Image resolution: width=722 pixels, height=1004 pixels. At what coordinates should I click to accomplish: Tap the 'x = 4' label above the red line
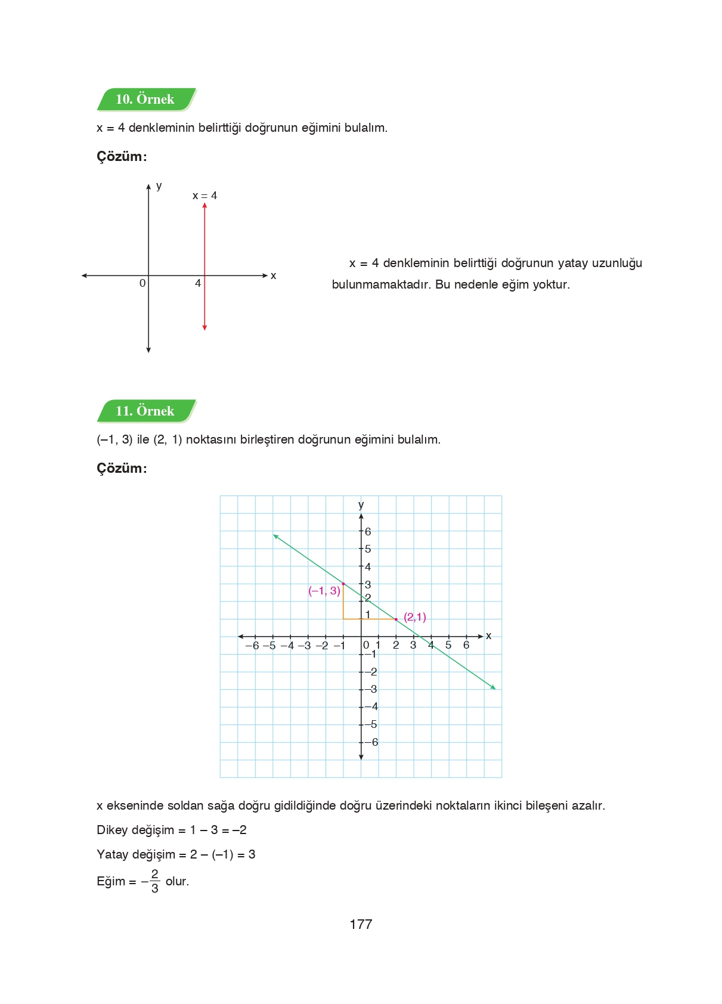tap(204, 196)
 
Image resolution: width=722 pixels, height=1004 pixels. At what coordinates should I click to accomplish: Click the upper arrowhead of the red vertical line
tap(204, 206)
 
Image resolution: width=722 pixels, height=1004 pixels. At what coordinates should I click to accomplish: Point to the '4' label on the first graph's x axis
tap(198, 284)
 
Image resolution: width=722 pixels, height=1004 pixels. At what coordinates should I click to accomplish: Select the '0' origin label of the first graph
tap(142, 284)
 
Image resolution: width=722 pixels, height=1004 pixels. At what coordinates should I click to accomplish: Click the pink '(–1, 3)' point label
tap(324, 591)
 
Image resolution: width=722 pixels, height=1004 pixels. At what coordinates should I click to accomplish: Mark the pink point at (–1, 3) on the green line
tap(343, 584)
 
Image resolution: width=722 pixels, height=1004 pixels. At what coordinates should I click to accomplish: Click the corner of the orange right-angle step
tap(343, 619)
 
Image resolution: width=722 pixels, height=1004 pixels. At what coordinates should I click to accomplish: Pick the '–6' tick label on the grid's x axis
tap(252, 646)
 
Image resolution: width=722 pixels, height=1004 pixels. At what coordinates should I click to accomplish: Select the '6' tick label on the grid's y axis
tap(368, 532)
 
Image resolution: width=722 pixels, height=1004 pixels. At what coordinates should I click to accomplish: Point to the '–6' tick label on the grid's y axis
tap(371, 742)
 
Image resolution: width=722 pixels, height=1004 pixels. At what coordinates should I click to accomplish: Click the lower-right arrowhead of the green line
tap(493, 687)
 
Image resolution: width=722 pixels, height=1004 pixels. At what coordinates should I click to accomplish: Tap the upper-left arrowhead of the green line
tap(275, 536)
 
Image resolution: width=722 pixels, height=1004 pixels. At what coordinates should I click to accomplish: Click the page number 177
tap(361, 925)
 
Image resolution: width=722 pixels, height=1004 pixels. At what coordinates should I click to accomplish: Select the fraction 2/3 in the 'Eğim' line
tap(154, 881)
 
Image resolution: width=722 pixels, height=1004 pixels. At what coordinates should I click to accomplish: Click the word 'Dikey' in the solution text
tap(112, 831)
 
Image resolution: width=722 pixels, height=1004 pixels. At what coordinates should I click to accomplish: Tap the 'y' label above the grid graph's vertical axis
tap(361, 505)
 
